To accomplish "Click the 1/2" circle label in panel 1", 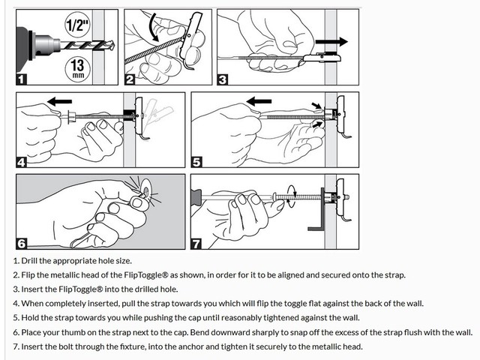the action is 78,25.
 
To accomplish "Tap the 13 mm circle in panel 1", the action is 77,69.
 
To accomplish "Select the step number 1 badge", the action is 21,79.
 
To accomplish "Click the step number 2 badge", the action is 130,79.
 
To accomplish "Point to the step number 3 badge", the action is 223,79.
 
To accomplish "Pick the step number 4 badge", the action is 21,162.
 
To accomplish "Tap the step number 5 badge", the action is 196,162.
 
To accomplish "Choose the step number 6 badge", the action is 22,244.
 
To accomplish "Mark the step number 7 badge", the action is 196,244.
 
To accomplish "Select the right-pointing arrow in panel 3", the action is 331,42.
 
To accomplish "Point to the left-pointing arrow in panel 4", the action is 60,101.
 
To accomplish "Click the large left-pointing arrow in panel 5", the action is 259,101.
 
